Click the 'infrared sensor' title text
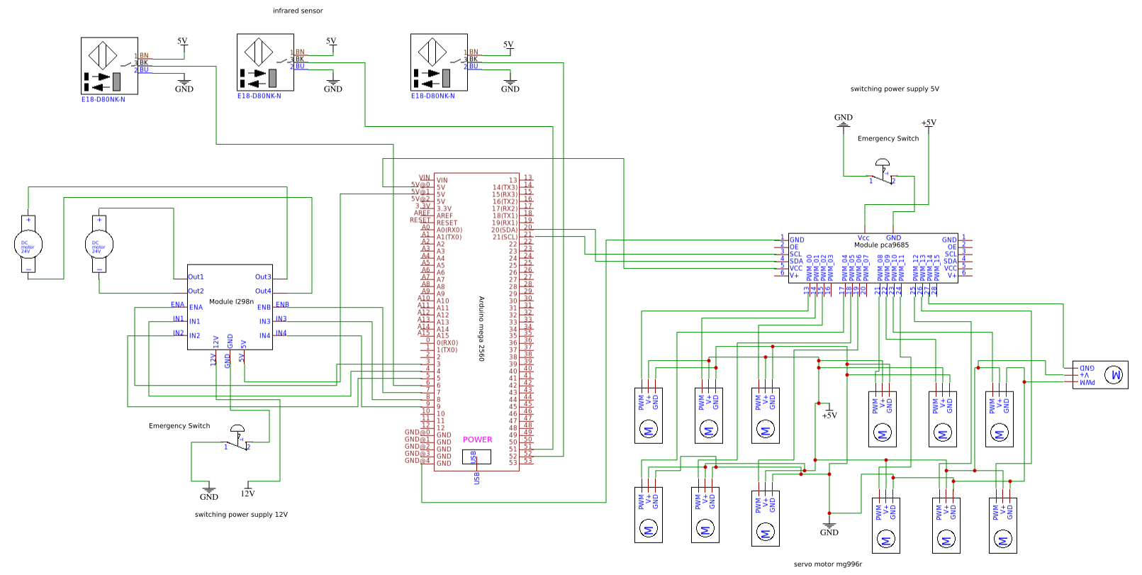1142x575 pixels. click(x=298, y=11)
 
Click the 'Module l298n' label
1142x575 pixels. click(x=231, y=301)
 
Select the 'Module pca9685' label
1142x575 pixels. click(x=881, y=245)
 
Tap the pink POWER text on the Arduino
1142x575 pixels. click(x=477, y=440)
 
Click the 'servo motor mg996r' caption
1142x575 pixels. click(x=827, y=564)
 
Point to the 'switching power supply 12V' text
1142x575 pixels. click(x=241, y=515)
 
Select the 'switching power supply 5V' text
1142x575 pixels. click(x=895, y=89)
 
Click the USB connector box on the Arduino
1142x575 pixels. click(x=476, y=457)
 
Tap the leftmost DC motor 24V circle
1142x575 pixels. click(x=28, y=245)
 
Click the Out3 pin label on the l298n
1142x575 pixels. click(x=262, y=277)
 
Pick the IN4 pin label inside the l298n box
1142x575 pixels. click(x=264, y=336)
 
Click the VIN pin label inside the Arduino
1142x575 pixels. click(x=442, y=180)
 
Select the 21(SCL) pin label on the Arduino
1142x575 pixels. click(x=505, y=237)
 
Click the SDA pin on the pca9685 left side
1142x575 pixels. click(x=796, y=261)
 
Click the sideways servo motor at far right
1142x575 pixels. click(x=1099, y=374)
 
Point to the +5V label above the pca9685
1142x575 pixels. click(x=929, y=123)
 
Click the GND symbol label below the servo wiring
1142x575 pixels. click(x=829, y=532)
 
